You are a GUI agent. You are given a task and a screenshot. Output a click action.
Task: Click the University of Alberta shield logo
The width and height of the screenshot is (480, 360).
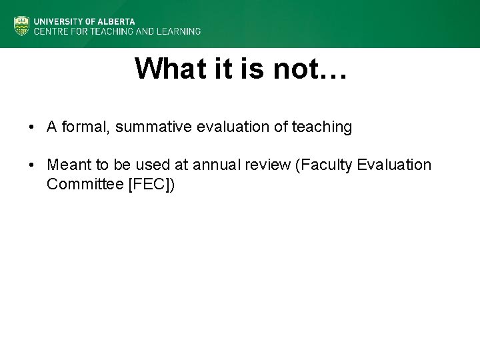tap(22, 25)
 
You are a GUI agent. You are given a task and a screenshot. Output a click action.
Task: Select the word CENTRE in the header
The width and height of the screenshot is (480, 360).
tap(50, 31)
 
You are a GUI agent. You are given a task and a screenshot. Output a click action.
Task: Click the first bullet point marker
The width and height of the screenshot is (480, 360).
tap(31, 127)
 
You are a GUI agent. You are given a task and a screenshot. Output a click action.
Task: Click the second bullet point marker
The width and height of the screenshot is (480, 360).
tap(31, 165)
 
